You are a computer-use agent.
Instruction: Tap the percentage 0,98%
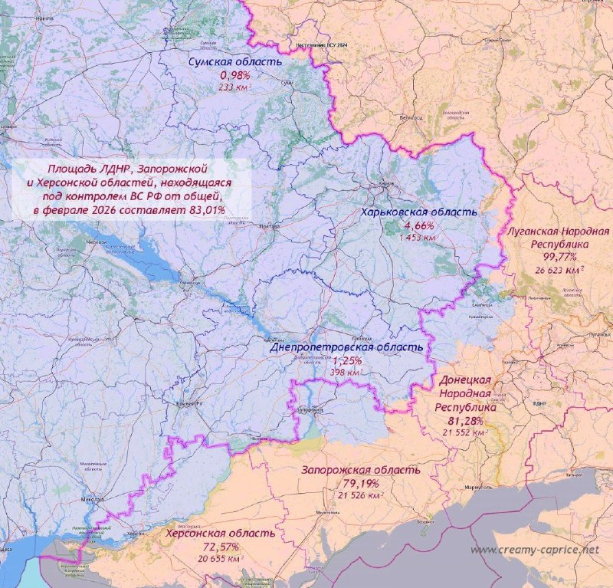coord(235,75)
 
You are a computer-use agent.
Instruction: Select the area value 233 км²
coord(236,87)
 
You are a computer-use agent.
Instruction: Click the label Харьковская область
coord(421,212)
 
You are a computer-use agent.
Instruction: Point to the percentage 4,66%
coord(420,225)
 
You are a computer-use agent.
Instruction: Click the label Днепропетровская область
coord(346,347)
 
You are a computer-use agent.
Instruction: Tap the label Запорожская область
coord(360,470)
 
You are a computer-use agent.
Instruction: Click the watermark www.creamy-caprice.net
coord(533,550)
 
